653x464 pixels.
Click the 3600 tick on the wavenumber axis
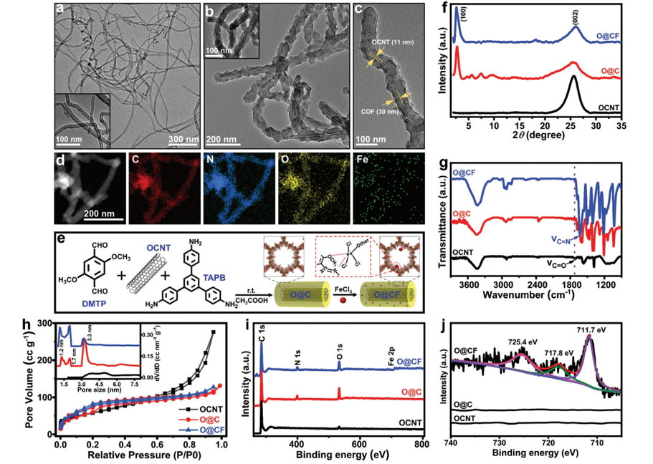468,282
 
